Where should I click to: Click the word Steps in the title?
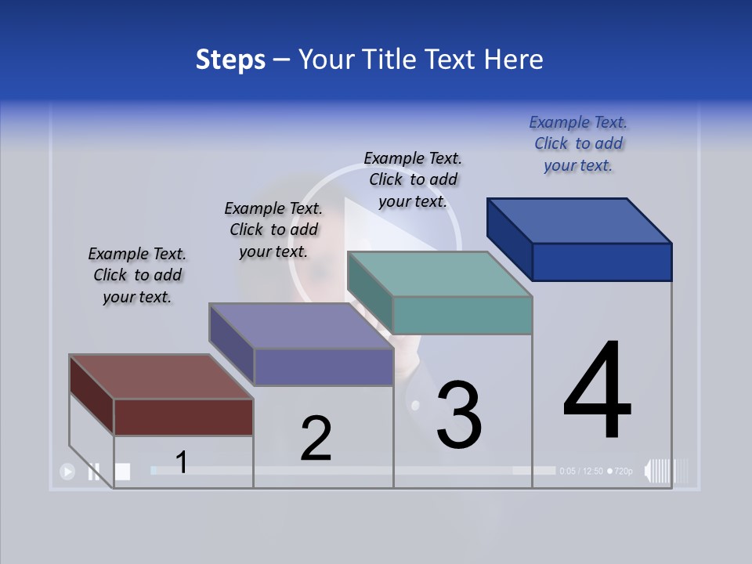(x=230, y=60)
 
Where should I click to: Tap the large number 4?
(x=598, y=391)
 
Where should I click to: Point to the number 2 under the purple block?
(x=316, y=438)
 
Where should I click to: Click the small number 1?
(x=182, y=462)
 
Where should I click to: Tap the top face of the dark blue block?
(x=580, y=220)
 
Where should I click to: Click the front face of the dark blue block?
(x=602, y=262)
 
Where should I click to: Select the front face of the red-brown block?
(x=183, y=417)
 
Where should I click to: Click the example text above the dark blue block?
(x=578, y=144)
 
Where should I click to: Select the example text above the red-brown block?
(x=137, y=276)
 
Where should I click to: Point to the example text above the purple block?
(x=273, y=230)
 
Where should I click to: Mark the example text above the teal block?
(x=413, y=179)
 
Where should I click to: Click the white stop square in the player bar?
(x=122, y=472)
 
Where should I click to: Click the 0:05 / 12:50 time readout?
(x=581, y=472)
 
